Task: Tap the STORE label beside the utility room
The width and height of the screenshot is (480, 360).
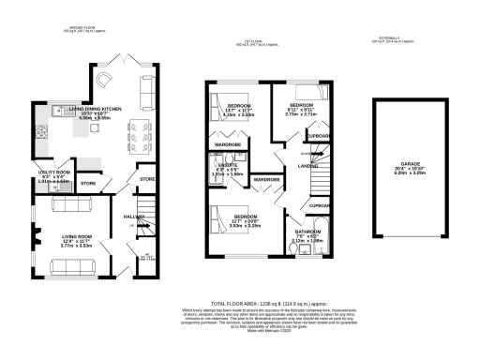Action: (89, 184)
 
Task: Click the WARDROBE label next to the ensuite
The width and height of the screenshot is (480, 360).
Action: (267, 179)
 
